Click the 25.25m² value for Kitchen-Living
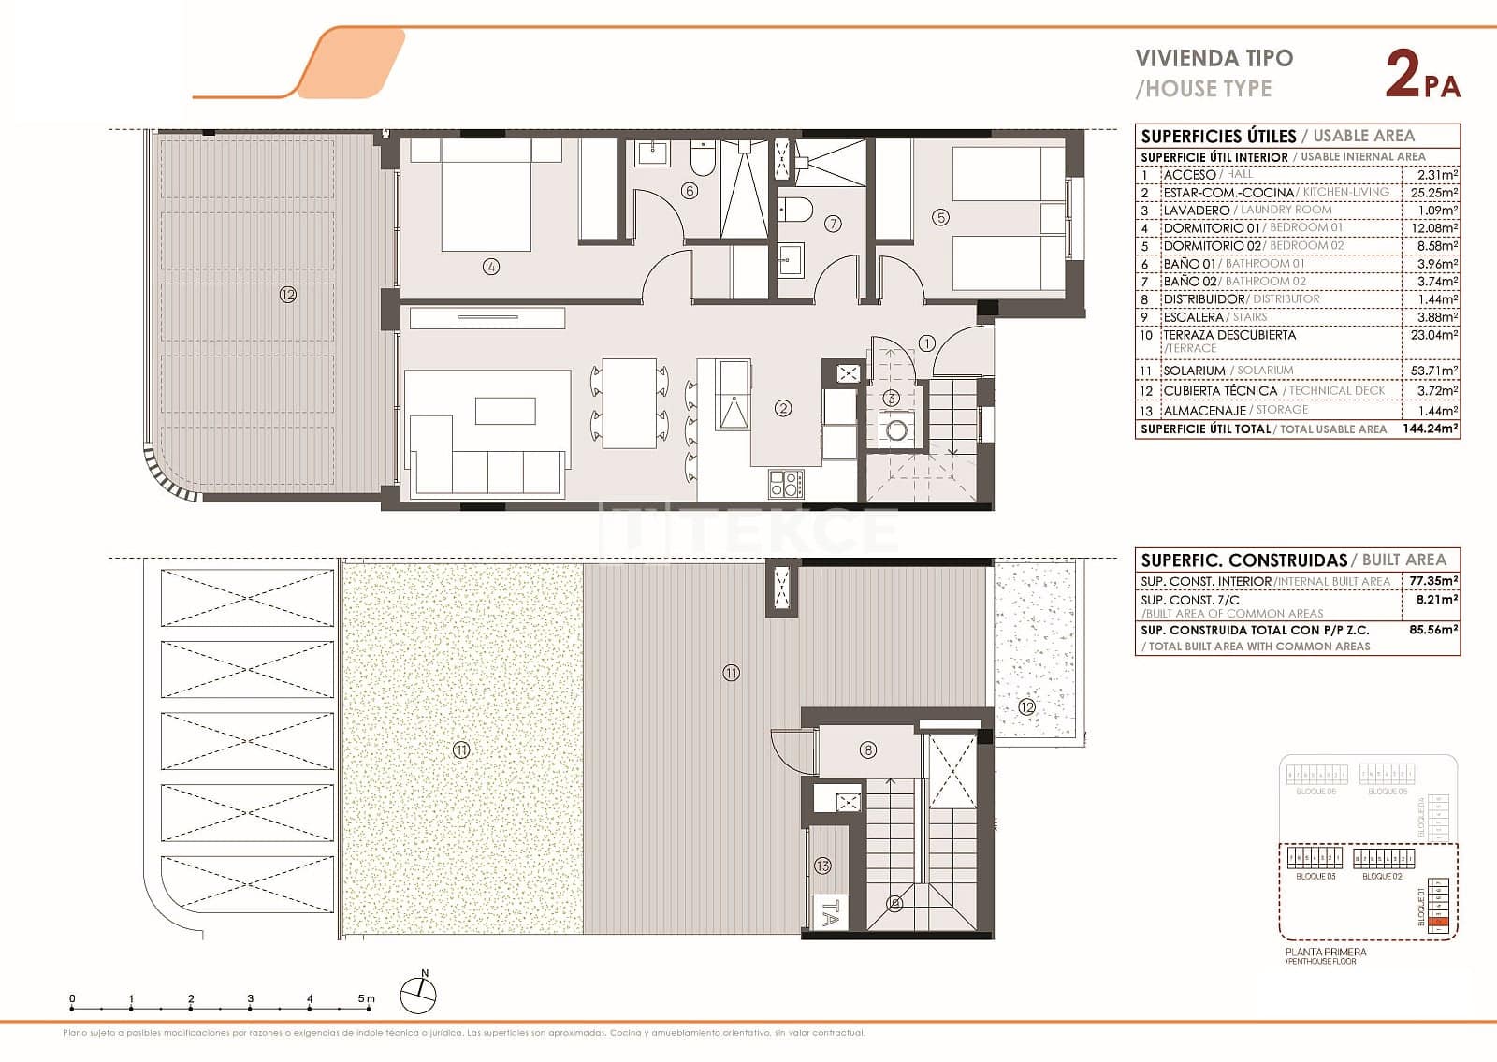(1434, 192)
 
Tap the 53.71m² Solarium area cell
(1434, 371)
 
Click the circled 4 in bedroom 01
(491, 267)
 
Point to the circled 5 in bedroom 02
(940, 217)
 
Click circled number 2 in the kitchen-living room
(783, 408)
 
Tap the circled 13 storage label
(822, 866)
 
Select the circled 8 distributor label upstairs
(868, 749)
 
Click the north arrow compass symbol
(418, 995)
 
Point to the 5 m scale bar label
(366, 999)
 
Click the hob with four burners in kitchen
(785, 484)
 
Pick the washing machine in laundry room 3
(896, 430)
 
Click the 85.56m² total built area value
(1432, 630)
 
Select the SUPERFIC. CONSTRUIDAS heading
(1243, 560)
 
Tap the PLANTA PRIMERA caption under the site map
(1325, 952)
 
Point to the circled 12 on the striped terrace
(287, 295)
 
